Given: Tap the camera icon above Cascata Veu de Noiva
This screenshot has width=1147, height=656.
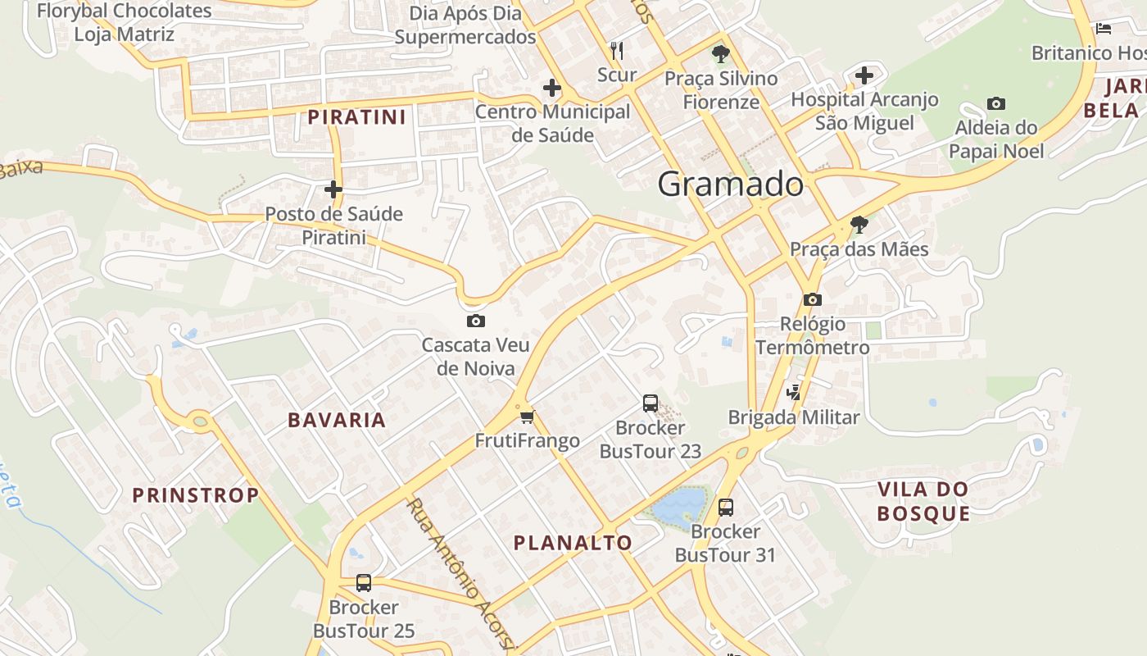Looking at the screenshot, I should pyautogui.click(x=475, y=321).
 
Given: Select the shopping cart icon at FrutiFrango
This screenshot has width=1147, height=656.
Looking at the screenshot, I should pyautogui.click(x=527, y=417).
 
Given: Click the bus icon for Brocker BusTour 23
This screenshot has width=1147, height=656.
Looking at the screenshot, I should pyautogui.click(x=650, y=403).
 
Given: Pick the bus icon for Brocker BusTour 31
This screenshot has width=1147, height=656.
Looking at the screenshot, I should pyautogui.click(x=726, y=507).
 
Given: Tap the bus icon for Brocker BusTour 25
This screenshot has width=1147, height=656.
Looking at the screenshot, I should pyautogui.click(x=364, y=583).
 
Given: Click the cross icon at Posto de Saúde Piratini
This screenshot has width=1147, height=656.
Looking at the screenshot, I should pyautogui.click(x=333, y=189).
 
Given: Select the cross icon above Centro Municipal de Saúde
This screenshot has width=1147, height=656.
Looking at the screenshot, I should pyautogui.click(x=552, y=87).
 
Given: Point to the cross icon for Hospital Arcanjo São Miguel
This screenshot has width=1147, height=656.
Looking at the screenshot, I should pyautogui.click(x=864, y=75).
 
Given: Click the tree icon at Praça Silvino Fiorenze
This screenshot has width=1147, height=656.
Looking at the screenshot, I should pyautogui.click(x=720, y=54).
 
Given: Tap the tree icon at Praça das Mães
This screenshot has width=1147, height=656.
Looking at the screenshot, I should pyautogui.click(x=859, y=224).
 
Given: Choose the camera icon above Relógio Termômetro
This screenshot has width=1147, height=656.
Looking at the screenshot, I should pyautogui.click(x=812, y=299).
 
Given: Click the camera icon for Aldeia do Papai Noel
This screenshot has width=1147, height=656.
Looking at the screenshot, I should pyautogui.click(x=995, y=103).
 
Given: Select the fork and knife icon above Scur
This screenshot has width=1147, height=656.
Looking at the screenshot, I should pyautogui.click(x=617, y=51).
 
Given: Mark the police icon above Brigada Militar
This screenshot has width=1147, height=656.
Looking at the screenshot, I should pyautogui.click(x=793, y=393).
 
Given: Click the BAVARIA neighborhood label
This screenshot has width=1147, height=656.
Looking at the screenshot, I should pyautogui.click(x=336, y=420).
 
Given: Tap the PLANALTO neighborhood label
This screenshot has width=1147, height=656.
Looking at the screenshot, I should pyautogui.click(x=573, y=542).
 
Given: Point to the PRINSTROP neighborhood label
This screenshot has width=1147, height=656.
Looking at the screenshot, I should pyautogui.click(x=195, y=494).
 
